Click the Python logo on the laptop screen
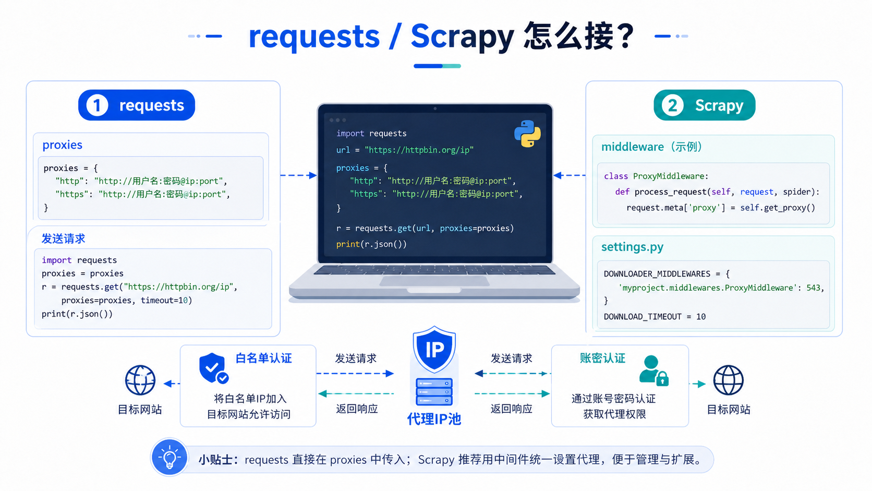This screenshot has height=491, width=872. click(527, 134)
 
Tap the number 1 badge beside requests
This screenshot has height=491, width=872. click(97, 105)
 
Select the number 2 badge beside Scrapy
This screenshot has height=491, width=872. click(672, 105)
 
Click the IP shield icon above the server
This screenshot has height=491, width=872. click(434, 349)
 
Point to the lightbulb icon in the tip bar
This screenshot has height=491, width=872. click(169, 458)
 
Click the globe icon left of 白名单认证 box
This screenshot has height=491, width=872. click(140, 380)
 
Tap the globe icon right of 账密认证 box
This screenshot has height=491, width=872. click(729, 380)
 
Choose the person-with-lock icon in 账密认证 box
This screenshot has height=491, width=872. click(653, 370)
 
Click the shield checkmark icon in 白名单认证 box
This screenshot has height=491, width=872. click(214, 368)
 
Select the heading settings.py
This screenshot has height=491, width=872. click(632, 247)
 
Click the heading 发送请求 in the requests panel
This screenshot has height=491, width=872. click(63, 238)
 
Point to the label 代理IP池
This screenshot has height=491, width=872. click(434, 419)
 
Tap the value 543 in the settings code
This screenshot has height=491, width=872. click(813, 288)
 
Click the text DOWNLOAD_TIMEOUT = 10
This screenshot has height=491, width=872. click(655, 317)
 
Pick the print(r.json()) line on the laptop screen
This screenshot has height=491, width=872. click(371, 244)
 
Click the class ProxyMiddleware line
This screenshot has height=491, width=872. click(656, 176)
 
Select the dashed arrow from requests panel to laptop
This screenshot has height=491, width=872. click(299, 175)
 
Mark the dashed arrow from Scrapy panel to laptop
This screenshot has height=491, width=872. click(569, 175)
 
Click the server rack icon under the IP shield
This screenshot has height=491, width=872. click(434, 392)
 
